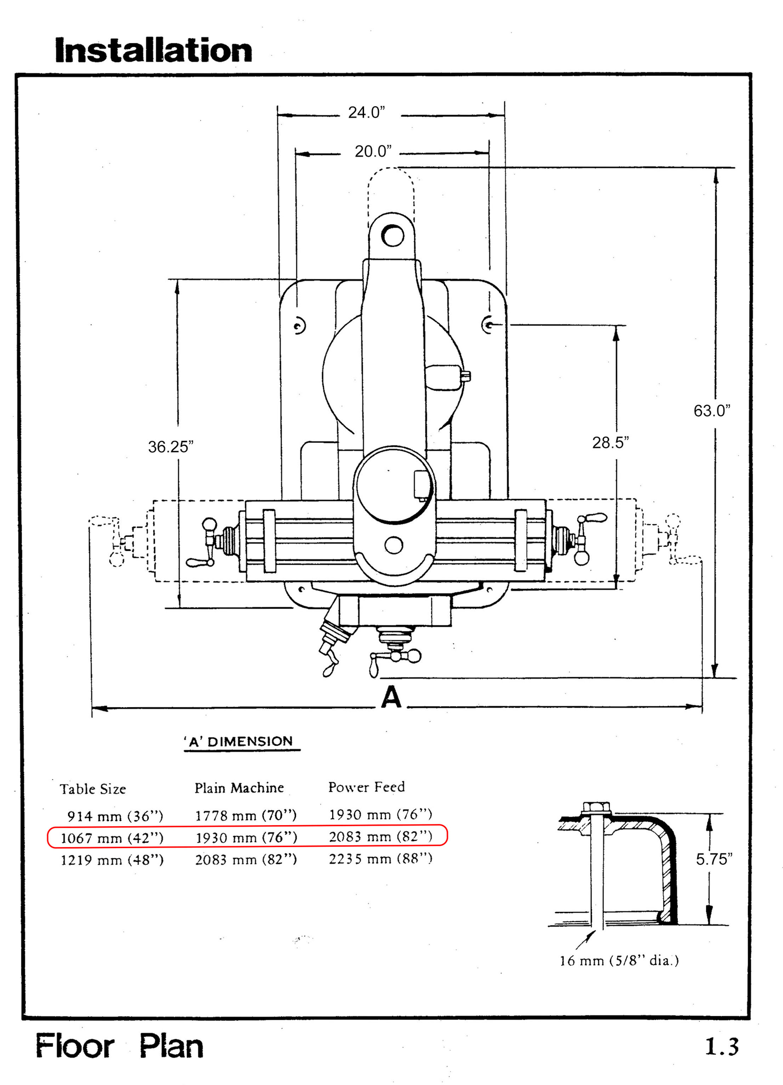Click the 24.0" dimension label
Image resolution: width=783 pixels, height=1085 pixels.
click(367, 113)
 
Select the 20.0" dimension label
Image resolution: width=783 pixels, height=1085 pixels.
click(373, 152)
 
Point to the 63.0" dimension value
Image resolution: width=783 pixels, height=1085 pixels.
click(712, 411)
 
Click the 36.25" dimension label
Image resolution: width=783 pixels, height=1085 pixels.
click(171, 447)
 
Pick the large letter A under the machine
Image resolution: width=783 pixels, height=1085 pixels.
click(391, 697)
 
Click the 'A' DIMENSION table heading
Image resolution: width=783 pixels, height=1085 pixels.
click(239, 741)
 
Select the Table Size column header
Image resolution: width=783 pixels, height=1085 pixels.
click(93, 789)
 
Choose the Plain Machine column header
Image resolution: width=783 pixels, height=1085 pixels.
click(239, 788)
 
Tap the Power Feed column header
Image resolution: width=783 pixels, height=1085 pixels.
click(367, 787)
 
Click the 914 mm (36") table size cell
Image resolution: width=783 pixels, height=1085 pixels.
click(115, 816)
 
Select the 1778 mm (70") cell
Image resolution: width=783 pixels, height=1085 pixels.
click(246, 815)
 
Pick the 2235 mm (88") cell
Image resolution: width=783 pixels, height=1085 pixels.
click(381, 859)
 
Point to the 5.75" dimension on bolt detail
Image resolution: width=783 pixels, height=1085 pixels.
click(714, 859)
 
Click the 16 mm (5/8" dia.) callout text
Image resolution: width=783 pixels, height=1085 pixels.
click(620, 961)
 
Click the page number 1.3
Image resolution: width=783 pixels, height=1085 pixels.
click(722, 1046)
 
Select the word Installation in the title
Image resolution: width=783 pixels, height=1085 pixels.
click(154, 50)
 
